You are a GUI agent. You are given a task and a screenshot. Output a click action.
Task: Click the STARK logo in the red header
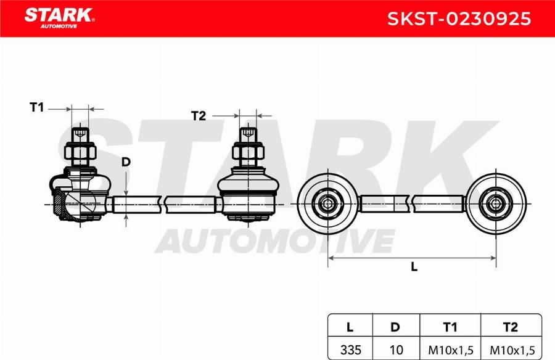click(59, 17)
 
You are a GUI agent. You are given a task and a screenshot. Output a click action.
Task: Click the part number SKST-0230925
click(458, 18)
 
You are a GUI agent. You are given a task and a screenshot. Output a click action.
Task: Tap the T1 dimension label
click(37, 108)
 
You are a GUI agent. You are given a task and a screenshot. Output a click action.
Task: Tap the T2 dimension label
click(198, 116)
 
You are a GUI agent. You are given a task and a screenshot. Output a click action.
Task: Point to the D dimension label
click(126, 162)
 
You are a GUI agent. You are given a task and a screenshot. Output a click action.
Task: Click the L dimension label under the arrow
click(414, 266)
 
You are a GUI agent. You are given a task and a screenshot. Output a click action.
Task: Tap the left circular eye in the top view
click(327, 203)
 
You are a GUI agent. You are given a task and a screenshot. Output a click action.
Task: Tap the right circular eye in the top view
click(496, 203)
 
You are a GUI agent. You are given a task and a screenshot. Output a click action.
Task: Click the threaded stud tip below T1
click(80, 134)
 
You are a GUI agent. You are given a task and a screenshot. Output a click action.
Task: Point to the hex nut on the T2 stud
click(247, 150)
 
